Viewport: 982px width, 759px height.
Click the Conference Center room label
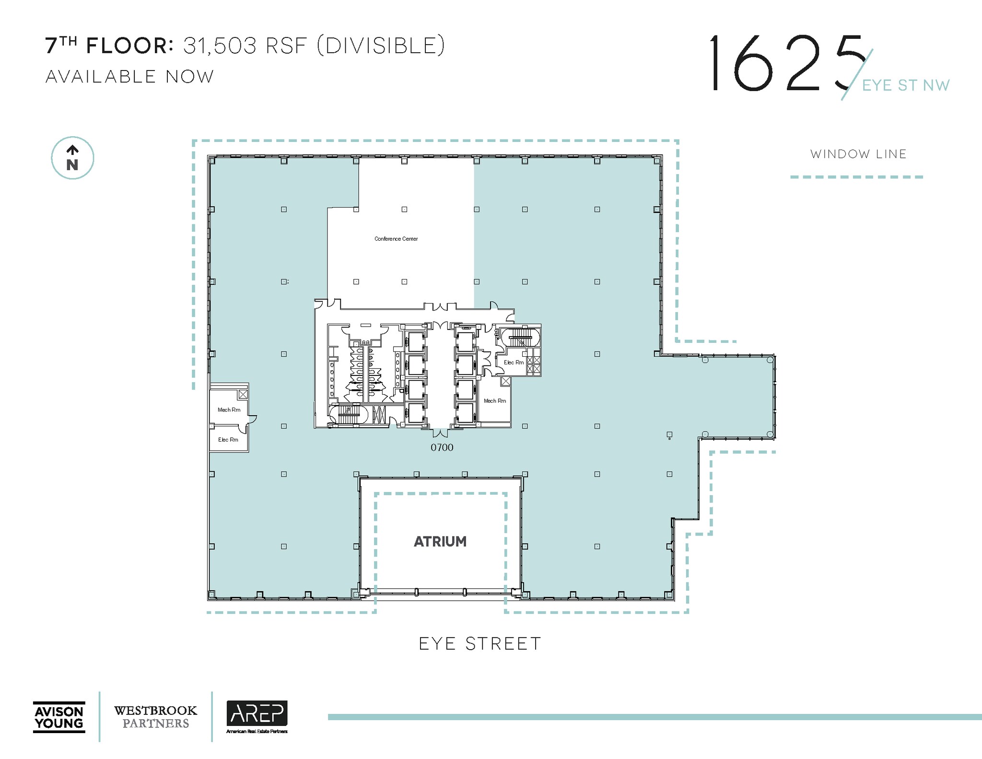pos(396,239)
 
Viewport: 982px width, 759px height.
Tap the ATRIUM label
pos(440,541)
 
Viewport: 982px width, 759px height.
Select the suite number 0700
pos(442,447)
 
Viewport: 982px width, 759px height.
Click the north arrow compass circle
pos(72,158)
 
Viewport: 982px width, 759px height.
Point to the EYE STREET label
pos(480,643)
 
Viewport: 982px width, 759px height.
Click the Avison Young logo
pos(59,717)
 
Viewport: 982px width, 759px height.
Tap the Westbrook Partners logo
pos(155,717)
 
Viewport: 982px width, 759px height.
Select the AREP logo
pos(257,715)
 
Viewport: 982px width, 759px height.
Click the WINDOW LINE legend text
pos(858,154)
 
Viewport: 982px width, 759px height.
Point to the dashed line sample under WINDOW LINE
pos(856,177)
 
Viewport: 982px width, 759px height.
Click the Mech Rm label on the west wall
pos(229,410)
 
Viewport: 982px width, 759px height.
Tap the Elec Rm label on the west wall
pos(228,440)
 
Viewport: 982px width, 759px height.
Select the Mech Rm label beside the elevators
pos(494,401)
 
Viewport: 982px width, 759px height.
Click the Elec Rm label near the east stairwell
pos(514,362)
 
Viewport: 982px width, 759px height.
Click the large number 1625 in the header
pos(786,63)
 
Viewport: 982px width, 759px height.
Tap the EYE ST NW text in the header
pos(905,85)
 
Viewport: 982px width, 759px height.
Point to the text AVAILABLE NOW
pos(129,77)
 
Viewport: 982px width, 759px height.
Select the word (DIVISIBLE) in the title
pos(381,46)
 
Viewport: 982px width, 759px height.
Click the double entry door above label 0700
pos(441,432)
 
